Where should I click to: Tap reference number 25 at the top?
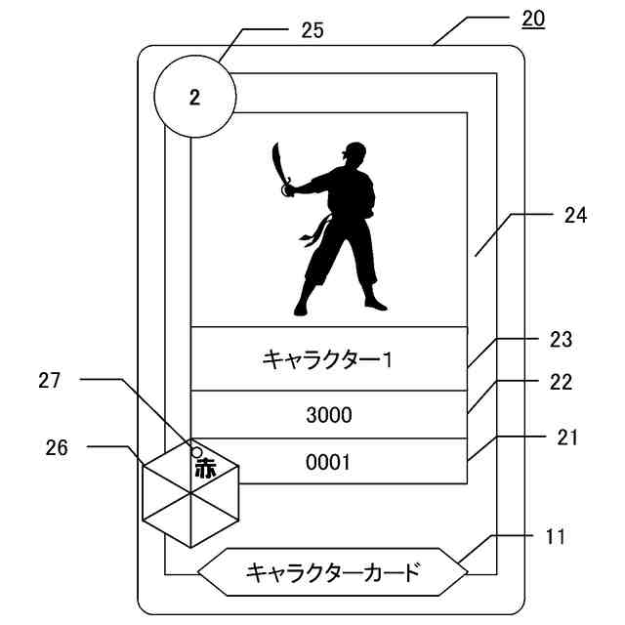[x=312, y=31]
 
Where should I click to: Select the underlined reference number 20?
[x=534, y=19]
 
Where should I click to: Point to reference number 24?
[x=575, y=216]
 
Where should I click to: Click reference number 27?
[x=49, y=381]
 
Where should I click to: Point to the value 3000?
[x=328, y=415]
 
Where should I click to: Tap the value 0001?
[x=328, y=463]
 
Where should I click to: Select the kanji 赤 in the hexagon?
[x=205, y=468]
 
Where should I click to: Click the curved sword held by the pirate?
[x=279, y=166]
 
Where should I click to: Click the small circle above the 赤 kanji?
[x=196, y=452]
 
